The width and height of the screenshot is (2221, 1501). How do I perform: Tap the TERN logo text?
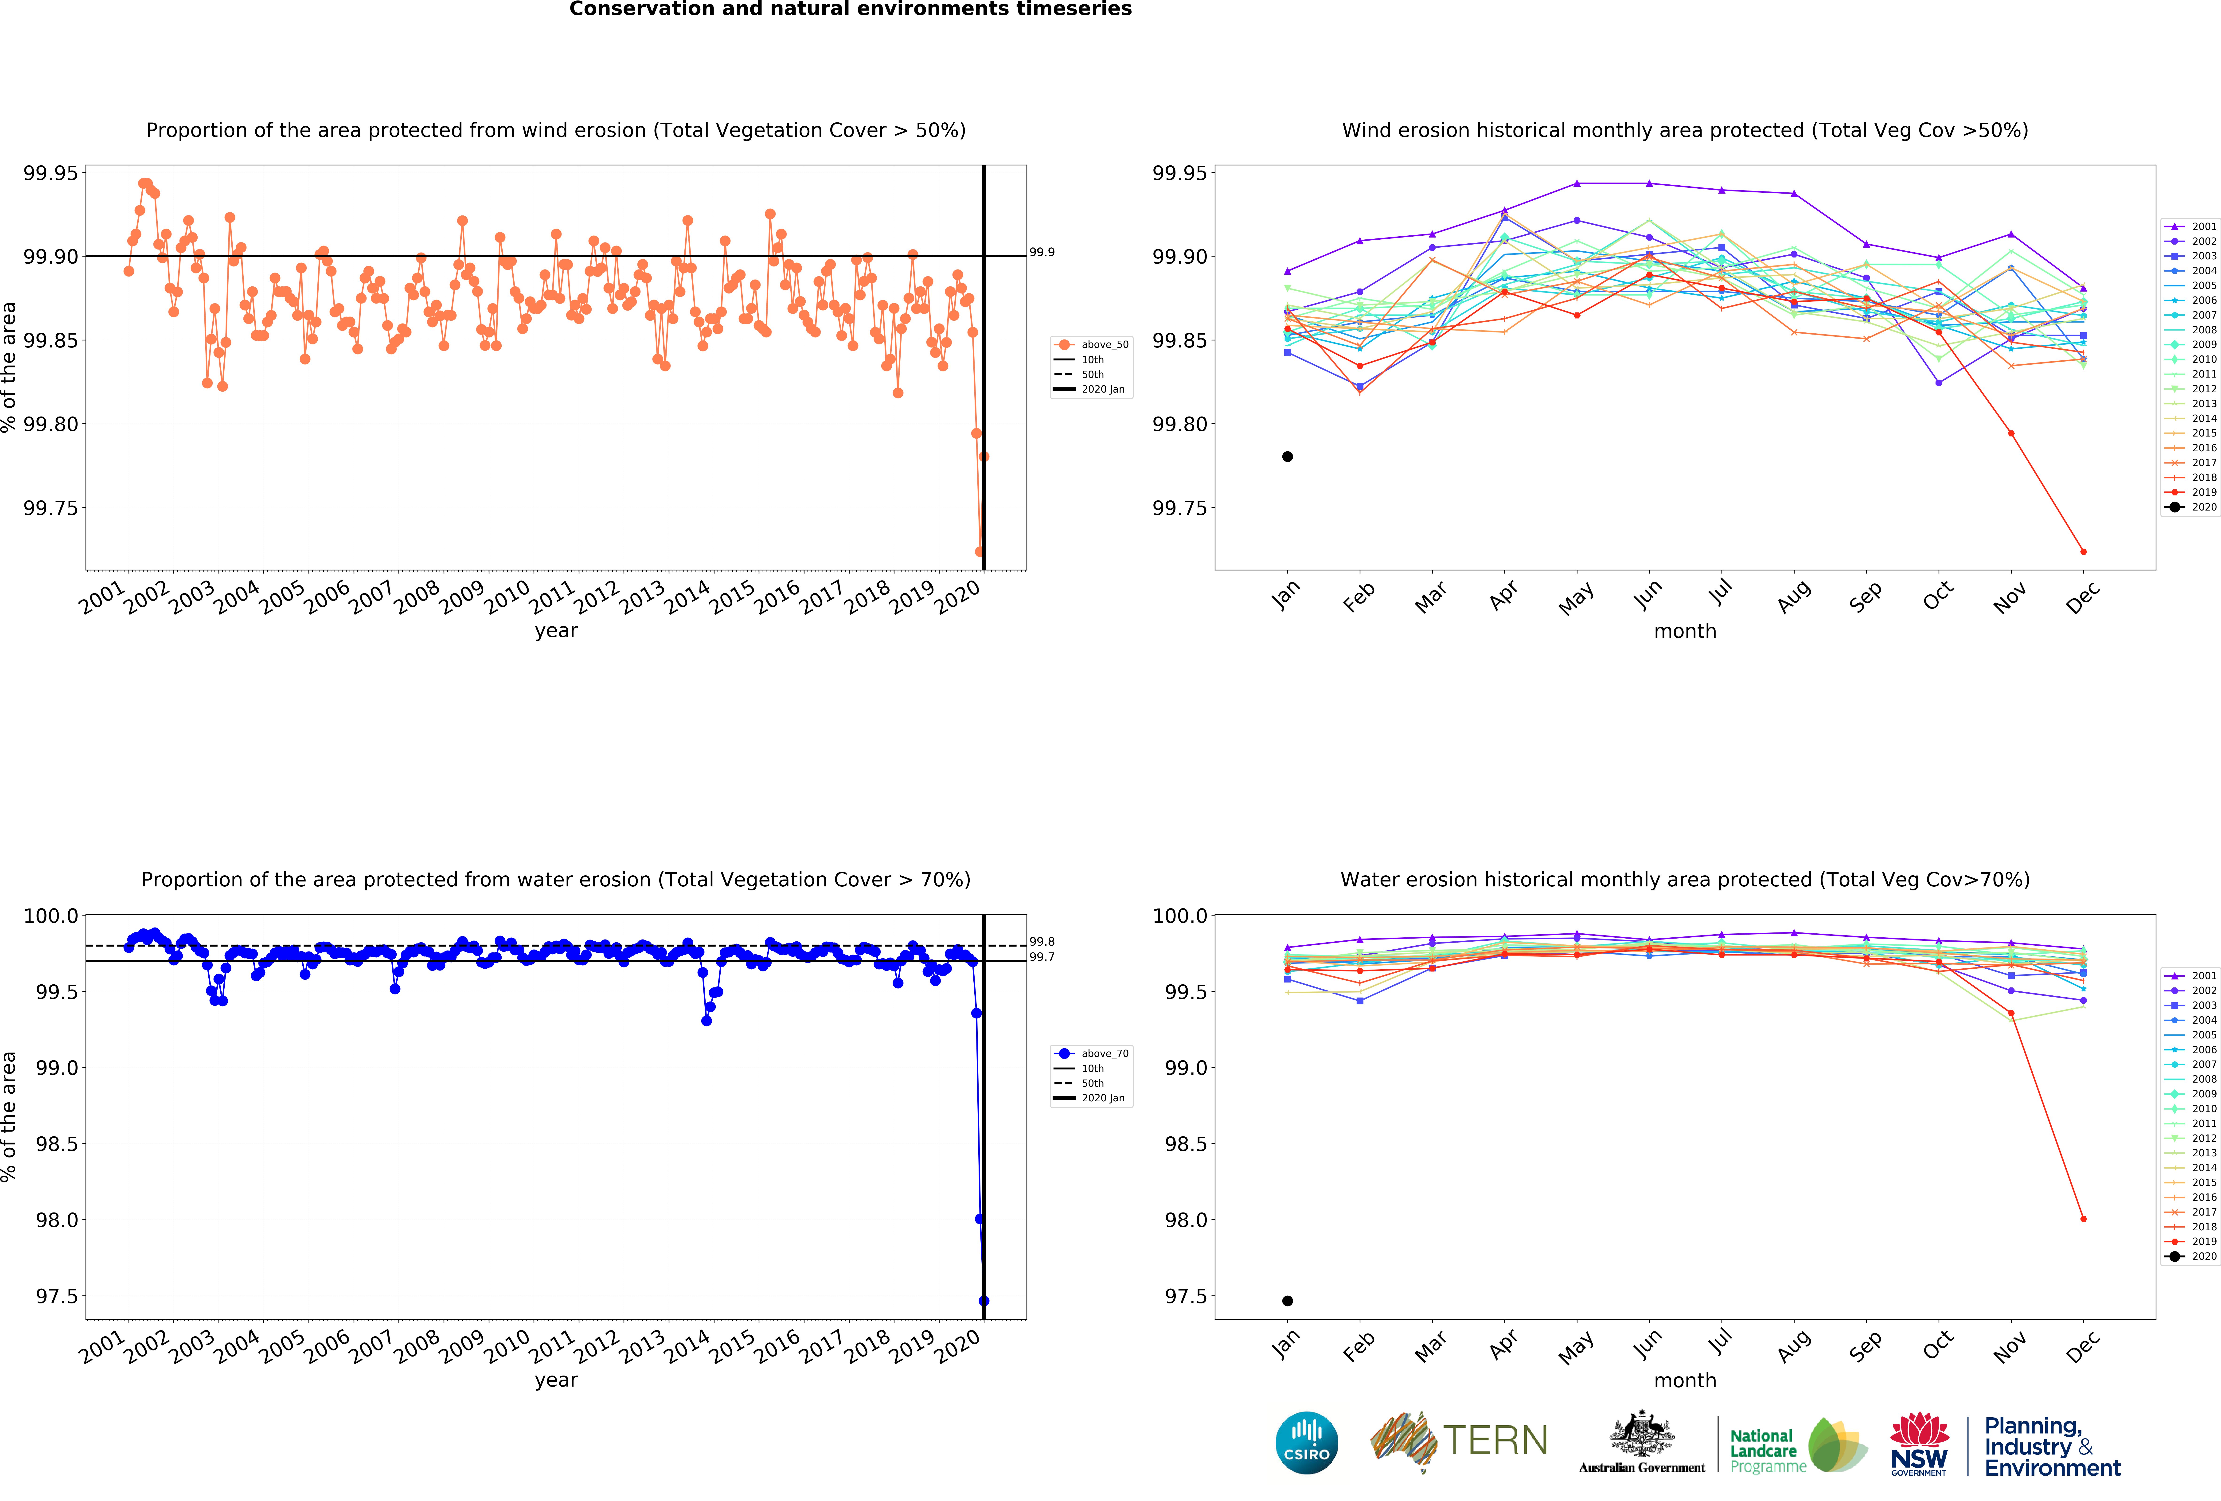(x=1496, y=1440)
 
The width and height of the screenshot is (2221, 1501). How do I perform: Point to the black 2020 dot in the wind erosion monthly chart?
(x=1287, y=457)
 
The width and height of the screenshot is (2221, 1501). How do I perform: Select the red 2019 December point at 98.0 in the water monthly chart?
(x=2083, y=1219)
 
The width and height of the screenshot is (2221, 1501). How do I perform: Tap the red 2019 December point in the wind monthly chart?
(x=2083, y=551)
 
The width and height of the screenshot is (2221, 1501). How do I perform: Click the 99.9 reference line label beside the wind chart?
(x=1042, y=252)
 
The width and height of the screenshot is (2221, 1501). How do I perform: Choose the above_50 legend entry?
(x=1091, y=344)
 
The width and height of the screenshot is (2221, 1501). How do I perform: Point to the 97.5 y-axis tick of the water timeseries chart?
(x=57, y=1297)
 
